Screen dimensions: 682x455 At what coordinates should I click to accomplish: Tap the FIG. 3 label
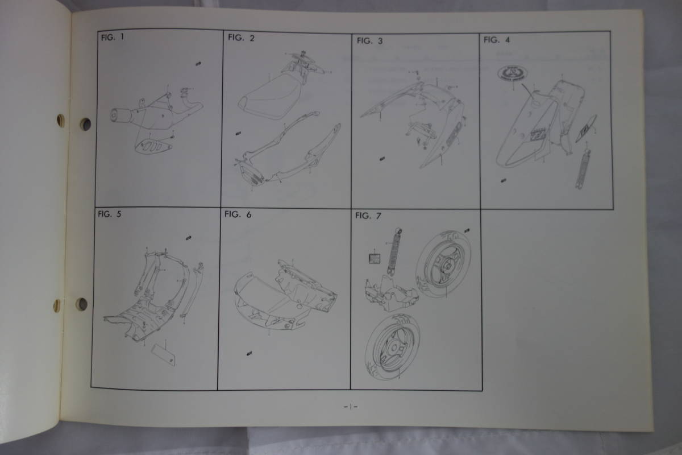click(x=370, y=40)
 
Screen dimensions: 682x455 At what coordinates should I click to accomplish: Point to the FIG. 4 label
click(x=497, y=40)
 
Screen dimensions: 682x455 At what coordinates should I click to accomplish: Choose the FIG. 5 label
click(x=110, y=214)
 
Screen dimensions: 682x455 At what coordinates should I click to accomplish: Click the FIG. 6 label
click(x=238, y=214)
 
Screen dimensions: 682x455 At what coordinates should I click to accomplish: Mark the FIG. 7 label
click(x=367, y=216)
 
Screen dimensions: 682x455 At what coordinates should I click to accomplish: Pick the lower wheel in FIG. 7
click(x=394, y=348)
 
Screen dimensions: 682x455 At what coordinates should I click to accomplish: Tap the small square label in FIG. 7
click(x=373, y=258)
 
